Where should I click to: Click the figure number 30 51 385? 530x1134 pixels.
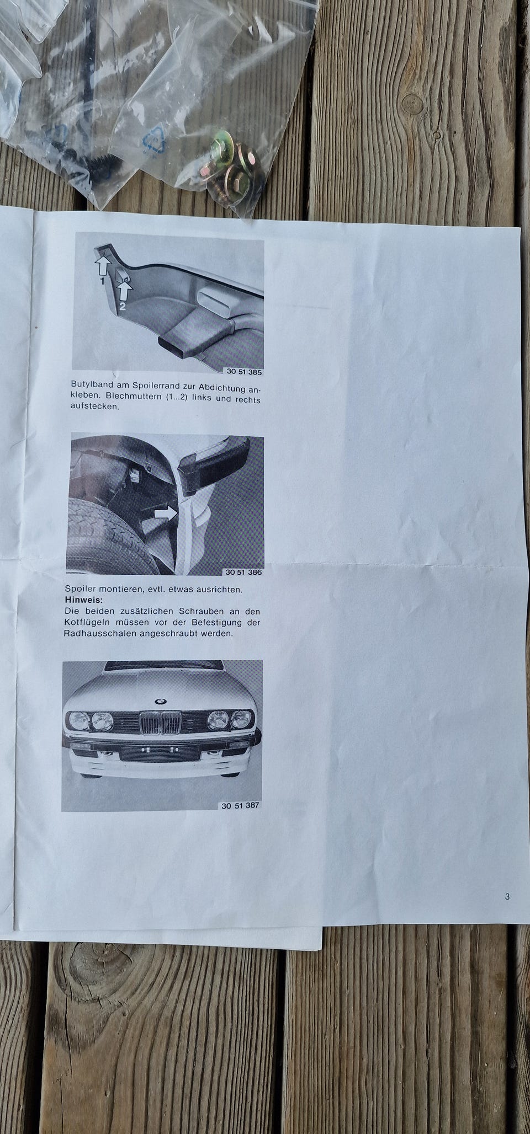[x=244, y=372]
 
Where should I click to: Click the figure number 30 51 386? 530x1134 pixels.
[x=243, y=572]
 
